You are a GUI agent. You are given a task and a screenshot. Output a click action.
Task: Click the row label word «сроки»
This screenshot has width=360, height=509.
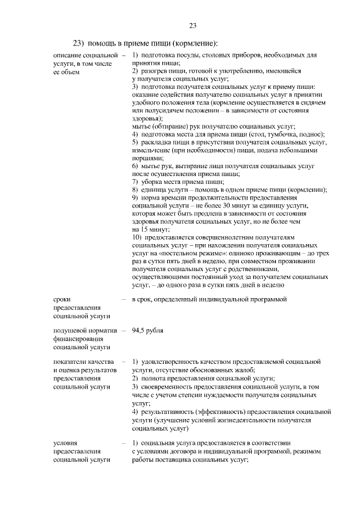pyautogui.click(x=62, y=300)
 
